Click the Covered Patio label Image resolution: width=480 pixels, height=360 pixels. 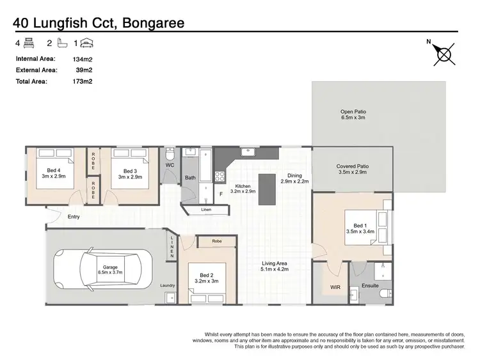(x=353, y=169)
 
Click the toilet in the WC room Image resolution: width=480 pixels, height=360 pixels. (x=170, y=156)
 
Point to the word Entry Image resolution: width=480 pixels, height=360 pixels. (x=74, y=217)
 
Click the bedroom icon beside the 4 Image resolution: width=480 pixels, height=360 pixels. (x=28, y=43)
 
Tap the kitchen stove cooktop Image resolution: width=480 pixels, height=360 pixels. (x=220, y=175)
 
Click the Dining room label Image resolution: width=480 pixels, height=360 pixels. (x=294, y=178)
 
